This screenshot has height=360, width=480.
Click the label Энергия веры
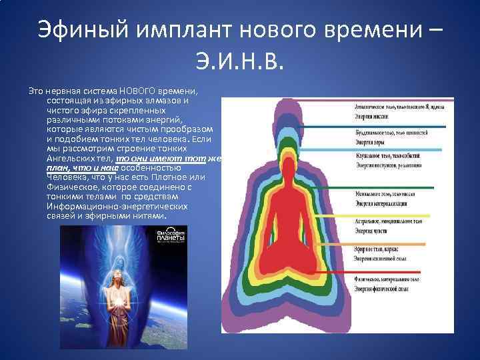[371, 141]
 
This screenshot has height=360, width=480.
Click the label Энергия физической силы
[386, 286]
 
